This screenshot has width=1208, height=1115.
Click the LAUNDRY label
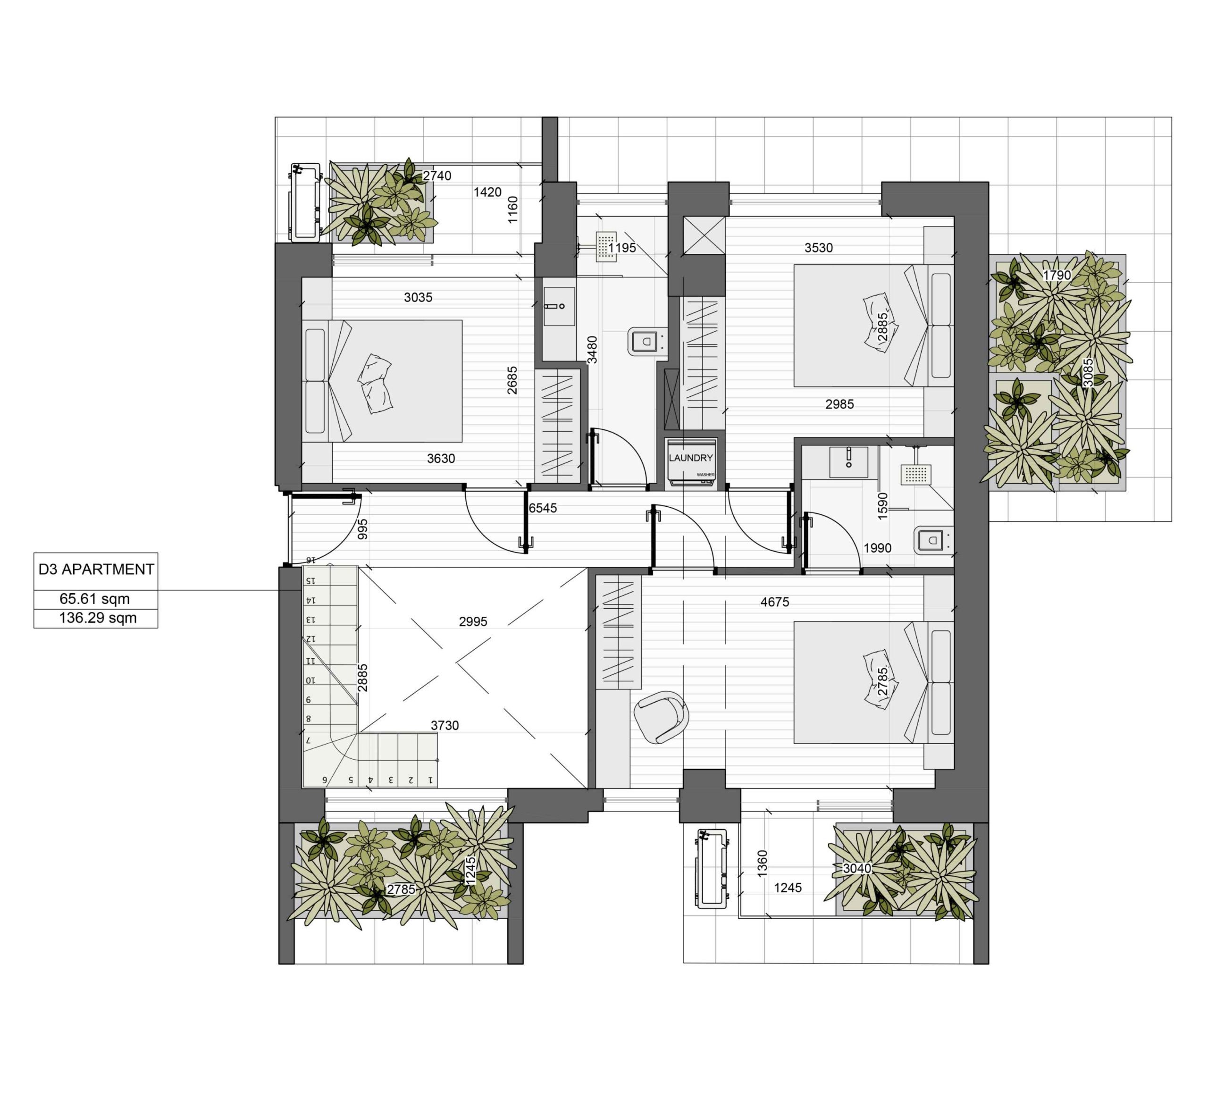point(690,458)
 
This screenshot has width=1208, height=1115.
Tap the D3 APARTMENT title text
point(96,569)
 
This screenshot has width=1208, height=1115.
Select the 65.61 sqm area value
point(95,599)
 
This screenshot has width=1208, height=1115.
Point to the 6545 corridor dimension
point(543,508)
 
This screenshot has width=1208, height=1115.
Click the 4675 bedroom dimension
point(775,602)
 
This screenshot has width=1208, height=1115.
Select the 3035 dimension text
point(418,297)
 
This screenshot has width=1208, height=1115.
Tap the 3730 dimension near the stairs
point(445,725)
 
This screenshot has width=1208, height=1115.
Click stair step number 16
point(310,561)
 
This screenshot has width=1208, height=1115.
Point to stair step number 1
point(430,780)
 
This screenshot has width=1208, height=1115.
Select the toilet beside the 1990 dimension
point(931,539)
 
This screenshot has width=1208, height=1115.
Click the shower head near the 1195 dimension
point(606,246)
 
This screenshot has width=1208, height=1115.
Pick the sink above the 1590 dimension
point(848,462)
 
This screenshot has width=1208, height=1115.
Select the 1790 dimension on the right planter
point(1057,275)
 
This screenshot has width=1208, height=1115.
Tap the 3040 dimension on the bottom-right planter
point(857,868)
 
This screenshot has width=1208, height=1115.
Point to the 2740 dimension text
point(437,176)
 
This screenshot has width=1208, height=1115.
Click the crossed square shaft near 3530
point(704,235)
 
